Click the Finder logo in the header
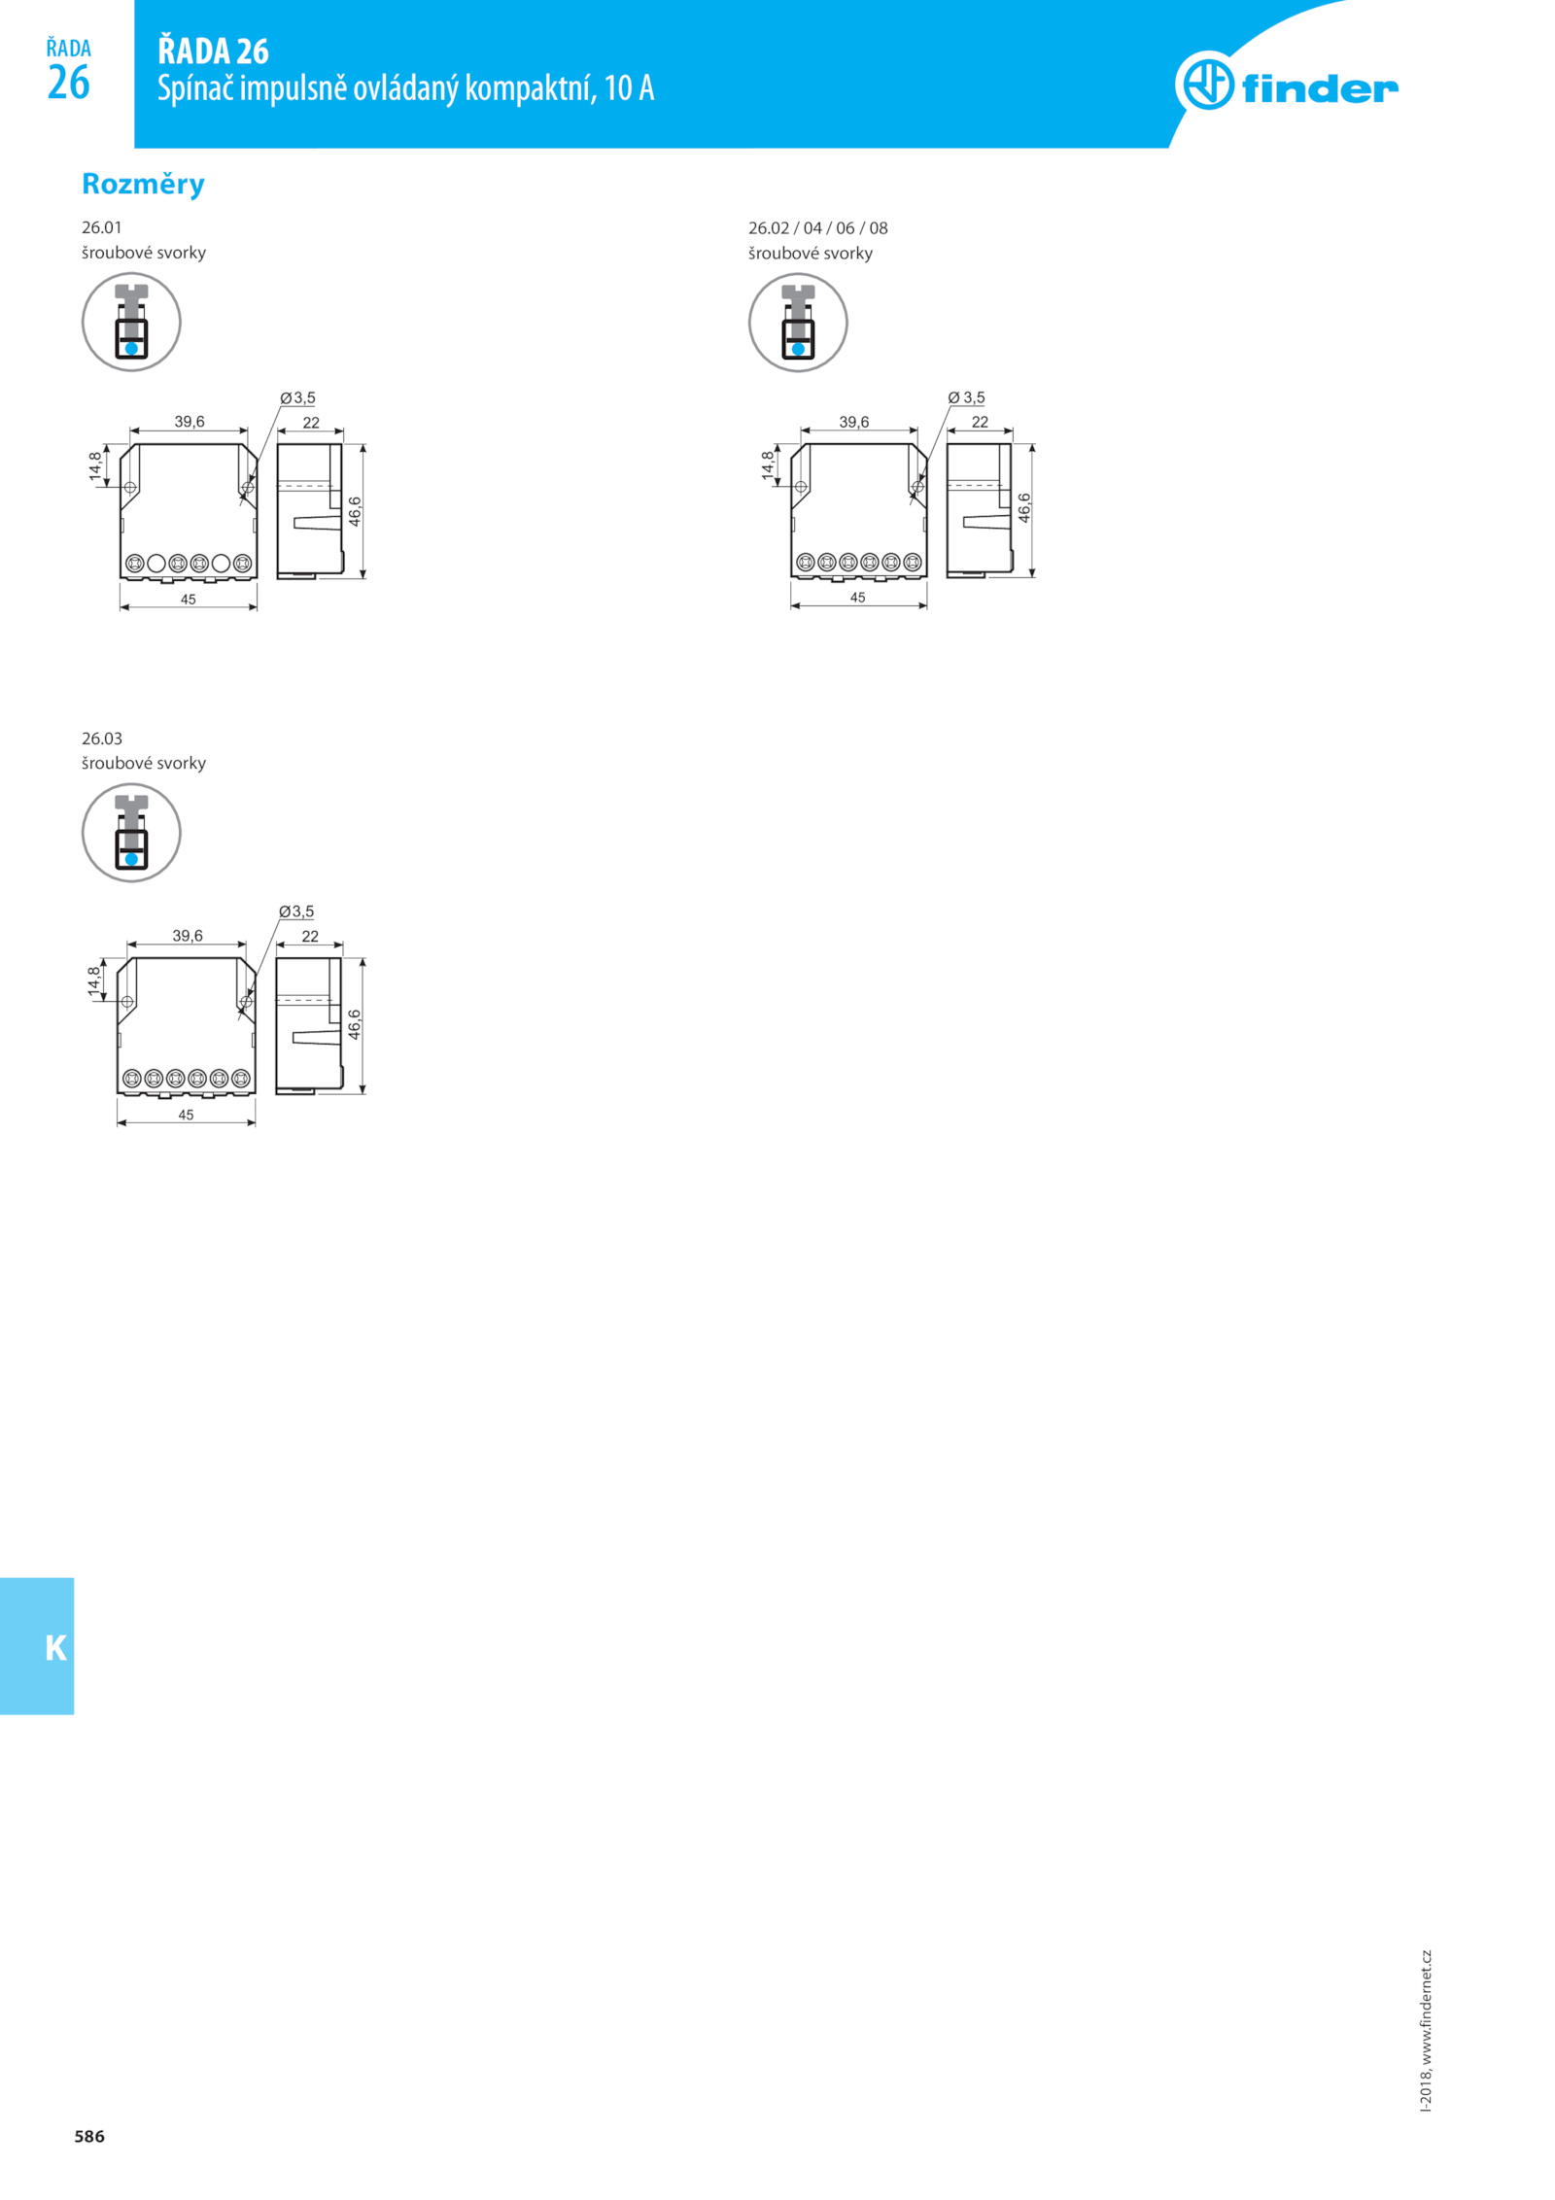point(1286,82)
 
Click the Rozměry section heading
point(143,184)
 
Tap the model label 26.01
point(102,227)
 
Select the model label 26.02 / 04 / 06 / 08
point(817,228)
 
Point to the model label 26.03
point(102,739)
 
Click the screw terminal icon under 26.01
point(131,322)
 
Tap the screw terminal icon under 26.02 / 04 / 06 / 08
point(798,322)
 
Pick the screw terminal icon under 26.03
point(131,833)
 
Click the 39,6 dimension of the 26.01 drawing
point(190,422)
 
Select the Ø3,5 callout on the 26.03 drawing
point(296,911)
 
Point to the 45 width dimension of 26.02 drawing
point(857,598)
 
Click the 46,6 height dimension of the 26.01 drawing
point(355,511)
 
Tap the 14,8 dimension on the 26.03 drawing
point(93,980)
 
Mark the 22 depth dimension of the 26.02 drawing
point(980,422)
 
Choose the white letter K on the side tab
point(56,1648)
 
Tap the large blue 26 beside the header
point(68,83)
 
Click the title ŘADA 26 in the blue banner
point(213,51)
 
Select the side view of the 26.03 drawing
point(309,1026)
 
